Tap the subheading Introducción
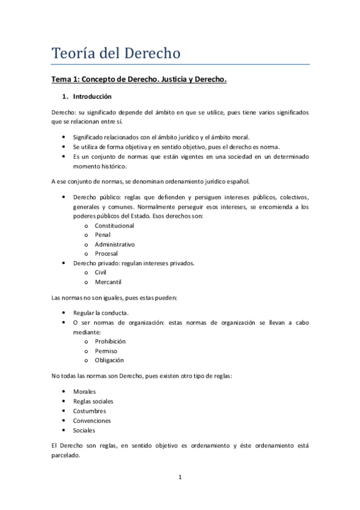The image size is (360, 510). click(x=92, y=96)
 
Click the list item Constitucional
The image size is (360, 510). click(x=114, y=226)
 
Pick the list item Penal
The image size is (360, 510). click(x=103, y=235)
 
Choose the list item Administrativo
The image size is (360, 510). click(x=115, y=244)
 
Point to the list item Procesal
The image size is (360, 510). click(x=106, y=254)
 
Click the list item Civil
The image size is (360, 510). click(x=100, y=272)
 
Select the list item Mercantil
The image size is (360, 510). click(x=108, y=281)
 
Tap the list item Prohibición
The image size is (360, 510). click(x=110, y=341)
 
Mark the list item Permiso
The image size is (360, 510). click(x=106, y=351)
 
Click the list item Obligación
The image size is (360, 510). click(x=109, y=360)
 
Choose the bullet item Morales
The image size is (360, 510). click(x=85, y=392)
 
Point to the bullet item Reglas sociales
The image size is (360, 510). click(x=93, y=401)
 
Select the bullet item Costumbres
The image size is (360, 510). click(x=90, y=411)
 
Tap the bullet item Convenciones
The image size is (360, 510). click(x=92, y=420)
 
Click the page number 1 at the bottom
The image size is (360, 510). click(x=180, y=478)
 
